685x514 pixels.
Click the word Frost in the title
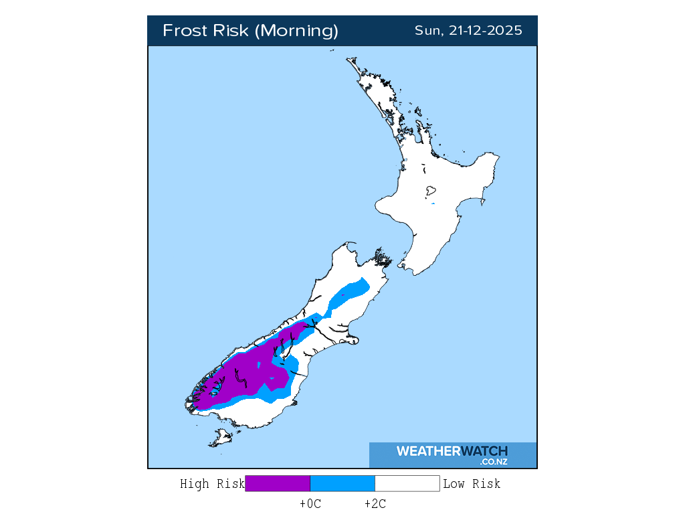point(185,31)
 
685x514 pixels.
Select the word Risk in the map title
point(233,31)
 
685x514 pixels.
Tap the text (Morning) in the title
point(298,31)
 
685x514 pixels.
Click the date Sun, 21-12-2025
point(468,31)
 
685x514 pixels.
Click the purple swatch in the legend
point(278,483)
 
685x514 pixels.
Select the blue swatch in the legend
point(342,483)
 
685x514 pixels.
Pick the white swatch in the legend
point(407,483)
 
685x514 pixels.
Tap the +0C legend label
point(310,504)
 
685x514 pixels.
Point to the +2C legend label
point(375,504)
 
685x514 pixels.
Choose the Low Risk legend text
point(471,484)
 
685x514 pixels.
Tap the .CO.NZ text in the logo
point(493,462)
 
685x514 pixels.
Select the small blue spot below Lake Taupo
point(433,203)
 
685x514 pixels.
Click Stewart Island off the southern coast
point(220,439)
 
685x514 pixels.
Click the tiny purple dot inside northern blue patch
point(343,294)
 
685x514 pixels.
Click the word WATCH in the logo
point(484,451)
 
